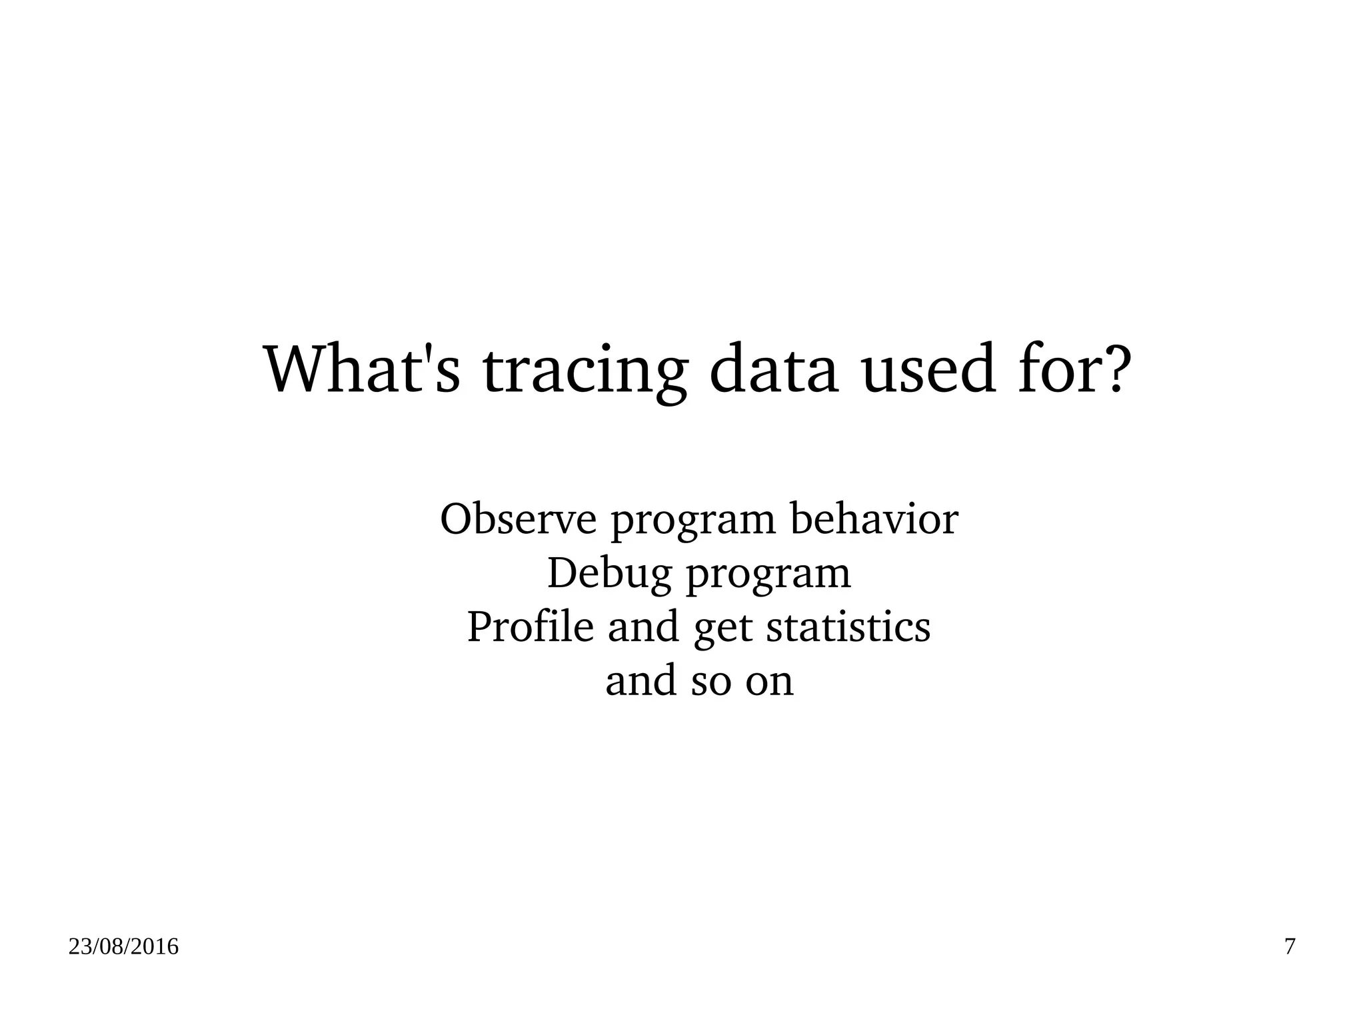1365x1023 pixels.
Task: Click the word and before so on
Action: [640, 680]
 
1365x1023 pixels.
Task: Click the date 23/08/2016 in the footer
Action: [123, 947]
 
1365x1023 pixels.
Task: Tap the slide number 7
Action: [1290, 947]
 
